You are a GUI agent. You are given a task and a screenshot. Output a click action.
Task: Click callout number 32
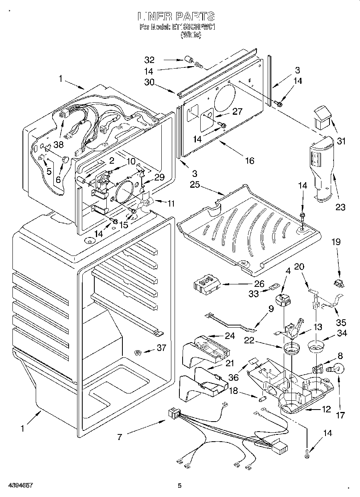point(149,60)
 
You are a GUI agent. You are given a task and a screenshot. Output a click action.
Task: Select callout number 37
point(161,348)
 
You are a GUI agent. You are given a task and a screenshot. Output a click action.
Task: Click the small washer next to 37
point(138,353)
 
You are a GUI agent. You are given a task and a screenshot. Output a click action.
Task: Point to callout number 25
point(195,185)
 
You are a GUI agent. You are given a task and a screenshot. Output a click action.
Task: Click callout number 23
point(340,207)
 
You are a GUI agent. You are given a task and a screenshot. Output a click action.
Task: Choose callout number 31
point(341,141)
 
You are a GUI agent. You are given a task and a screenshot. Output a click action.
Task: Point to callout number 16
point(250,160)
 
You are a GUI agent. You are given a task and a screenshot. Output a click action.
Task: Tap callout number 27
point(238,112)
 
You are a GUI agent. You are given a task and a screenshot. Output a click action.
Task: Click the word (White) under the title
point(191,35)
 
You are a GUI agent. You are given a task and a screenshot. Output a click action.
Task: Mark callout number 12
point(326,409)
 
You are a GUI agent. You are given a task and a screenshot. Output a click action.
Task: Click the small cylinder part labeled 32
point(188,61)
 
